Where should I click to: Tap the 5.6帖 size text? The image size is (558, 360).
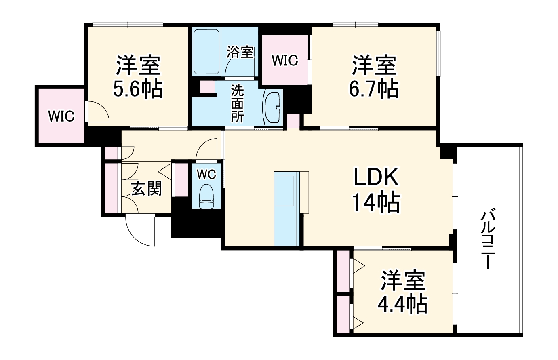click(x=138, y=89)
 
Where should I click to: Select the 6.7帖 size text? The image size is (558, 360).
click(x=374, y=89)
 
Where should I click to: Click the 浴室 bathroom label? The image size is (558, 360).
click(x=240, y=52)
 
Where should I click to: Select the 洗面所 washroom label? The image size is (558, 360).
click(x=238, y=104)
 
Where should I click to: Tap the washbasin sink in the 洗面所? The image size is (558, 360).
click(x=273, y=107)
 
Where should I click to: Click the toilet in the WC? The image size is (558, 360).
click(x=206, y=196)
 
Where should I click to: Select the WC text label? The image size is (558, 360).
click(x=206, y=174)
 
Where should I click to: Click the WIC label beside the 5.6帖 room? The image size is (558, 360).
click(x=61, y=116)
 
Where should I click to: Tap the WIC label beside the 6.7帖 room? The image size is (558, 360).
click(x=285, y=60)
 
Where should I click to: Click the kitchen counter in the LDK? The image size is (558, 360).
click(x=286, y=208)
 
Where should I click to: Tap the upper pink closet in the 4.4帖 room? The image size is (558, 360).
click(x=343, y=271)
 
